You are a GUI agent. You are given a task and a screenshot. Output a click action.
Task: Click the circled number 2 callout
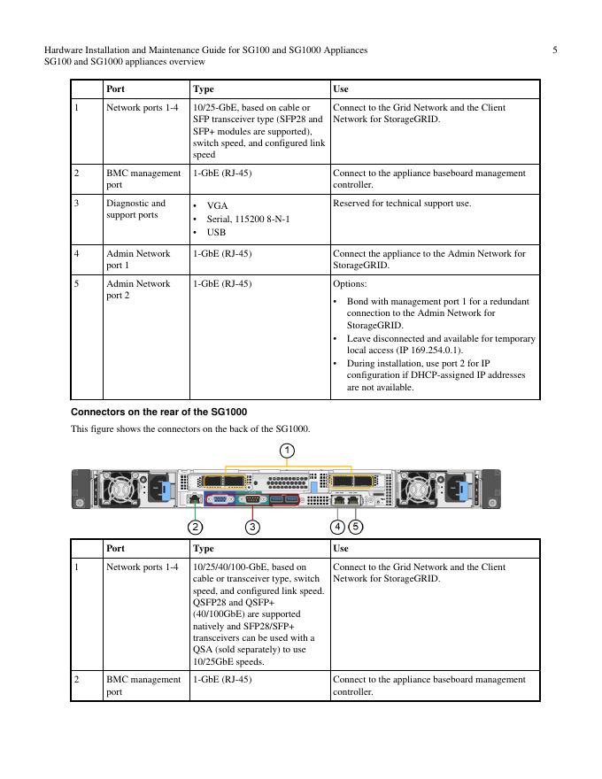[x=195, y=527]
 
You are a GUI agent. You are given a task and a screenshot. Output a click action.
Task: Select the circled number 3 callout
[x=252, y=527]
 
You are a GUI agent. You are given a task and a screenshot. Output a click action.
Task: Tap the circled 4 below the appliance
[x=338, y=527]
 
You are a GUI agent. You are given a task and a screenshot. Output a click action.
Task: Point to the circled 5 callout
[x=356, y=527]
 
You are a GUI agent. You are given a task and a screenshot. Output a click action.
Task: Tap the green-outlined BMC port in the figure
[x=195, y=499]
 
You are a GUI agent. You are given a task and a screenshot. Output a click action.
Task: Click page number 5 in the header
[x=554, y=50]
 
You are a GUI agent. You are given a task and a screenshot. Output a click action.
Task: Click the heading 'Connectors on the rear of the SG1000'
[x=158, y=413]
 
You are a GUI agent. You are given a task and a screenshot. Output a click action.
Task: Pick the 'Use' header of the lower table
[x=341, y=549]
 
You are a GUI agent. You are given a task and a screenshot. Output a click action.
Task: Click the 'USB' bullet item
[x=216, y=233]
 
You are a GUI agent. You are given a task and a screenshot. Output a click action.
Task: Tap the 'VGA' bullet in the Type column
[x=217, y=205]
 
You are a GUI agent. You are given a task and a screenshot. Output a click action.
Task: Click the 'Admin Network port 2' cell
[x=138, y=289]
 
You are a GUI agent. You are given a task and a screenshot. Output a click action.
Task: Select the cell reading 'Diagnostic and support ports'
[x=135, y=209]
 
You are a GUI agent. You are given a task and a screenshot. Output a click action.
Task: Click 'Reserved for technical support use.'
[x=402, y=204]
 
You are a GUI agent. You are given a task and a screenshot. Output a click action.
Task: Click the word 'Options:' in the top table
[x=350, y=284]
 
